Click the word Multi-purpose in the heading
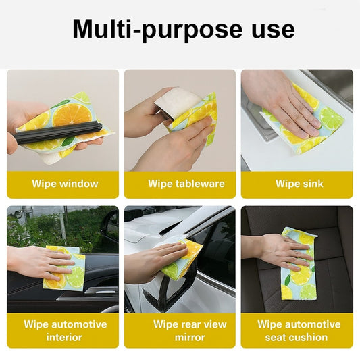157,30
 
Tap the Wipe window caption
65,184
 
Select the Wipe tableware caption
186,184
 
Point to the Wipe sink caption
299,184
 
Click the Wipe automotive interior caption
66,330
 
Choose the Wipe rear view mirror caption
190,330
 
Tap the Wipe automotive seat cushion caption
299,330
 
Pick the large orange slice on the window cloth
72,115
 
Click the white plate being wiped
178,101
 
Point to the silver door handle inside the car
101,291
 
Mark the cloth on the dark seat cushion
299,263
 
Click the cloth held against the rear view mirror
182,257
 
